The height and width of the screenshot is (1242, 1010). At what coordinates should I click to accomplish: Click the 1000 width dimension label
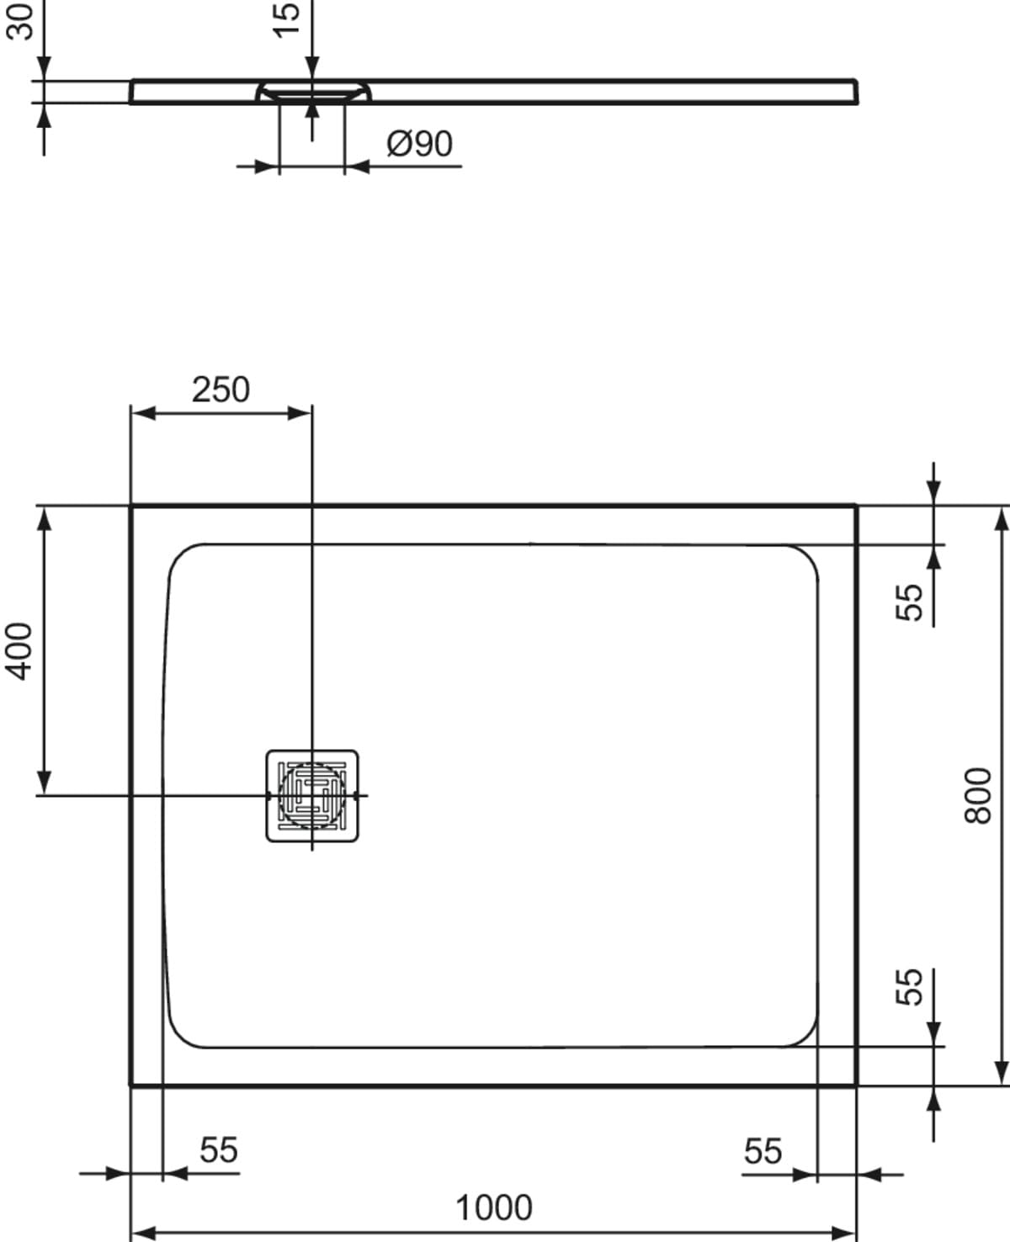point(494,1208)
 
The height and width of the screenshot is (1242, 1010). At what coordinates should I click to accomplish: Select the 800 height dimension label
point(978,795)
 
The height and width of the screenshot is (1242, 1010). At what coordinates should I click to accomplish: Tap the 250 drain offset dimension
point(221,390)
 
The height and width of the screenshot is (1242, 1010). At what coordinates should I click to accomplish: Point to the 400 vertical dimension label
point(19,650)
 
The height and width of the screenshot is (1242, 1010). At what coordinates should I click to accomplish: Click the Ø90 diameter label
point(419,144)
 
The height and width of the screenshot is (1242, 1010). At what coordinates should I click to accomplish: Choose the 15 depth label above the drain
point(287,19)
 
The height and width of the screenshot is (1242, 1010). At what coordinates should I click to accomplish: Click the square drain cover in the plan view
point(312,795)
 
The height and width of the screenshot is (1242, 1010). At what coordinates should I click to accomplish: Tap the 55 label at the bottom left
point(219,1149)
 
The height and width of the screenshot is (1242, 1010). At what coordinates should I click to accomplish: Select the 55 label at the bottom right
point(763,1150)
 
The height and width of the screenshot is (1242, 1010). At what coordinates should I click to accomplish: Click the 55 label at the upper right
point(910,602)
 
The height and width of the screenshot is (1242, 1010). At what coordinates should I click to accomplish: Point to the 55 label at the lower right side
point(910,986)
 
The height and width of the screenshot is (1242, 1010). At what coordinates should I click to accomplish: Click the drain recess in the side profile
point(312,91)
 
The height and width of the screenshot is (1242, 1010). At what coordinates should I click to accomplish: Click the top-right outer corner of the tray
point(855,506)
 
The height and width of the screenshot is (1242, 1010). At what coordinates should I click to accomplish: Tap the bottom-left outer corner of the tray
point(132,1084)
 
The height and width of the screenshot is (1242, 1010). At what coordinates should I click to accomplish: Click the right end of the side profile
point(856,92)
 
